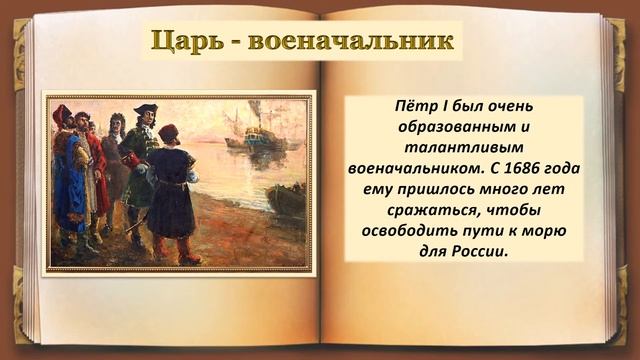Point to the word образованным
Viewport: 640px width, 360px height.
pos(456,127)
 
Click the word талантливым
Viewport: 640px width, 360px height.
pos(465,149)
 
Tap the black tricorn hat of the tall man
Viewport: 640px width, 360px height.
pos(146,110)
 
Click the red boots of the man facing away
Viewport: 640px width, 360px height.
pos(174,250)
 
